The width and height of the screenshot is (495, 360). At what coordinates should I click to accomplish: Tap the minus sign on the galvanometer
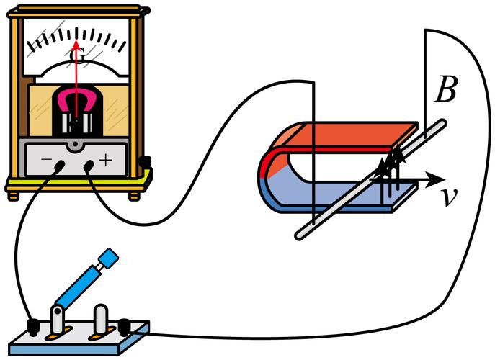pos(46,156)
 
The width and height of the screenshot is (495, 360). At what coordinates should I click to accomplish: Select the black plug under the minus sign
pos(58,168)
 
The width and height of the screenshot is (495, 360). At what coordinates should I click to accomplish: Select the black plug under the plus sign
pos(89,167)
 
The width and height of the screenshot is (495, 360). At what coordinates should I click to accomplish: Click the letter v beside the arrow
pos(450,197)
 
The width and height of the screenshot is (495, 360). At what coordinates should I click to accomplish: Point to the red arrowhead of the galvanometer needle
pos(76,45)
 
